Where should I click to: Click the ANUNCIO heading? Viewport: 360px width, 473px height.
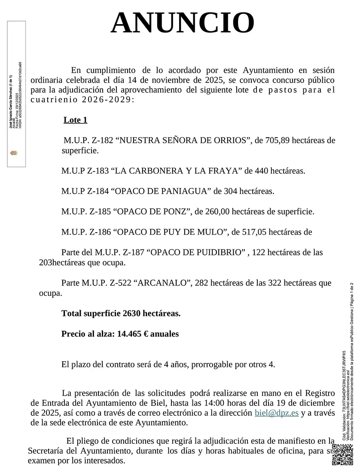[183, 23]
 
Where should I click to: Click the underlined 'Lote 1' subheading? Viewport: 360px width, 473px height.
[75, 120]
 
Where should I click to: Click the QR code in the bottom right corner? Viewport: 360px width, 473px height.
[342, 455]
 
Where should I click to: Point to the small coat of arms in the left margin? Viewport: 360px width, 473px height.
[13, 152]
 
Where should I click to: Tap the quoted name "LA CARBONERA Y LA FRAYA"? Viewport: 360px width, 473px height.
[176, 171]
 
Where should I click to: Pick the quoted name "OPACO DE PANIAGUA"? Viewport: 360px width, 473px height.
[162, 191]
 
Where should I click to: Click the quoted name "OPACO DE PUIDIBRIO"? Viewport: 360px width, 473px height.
[196, 252]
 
